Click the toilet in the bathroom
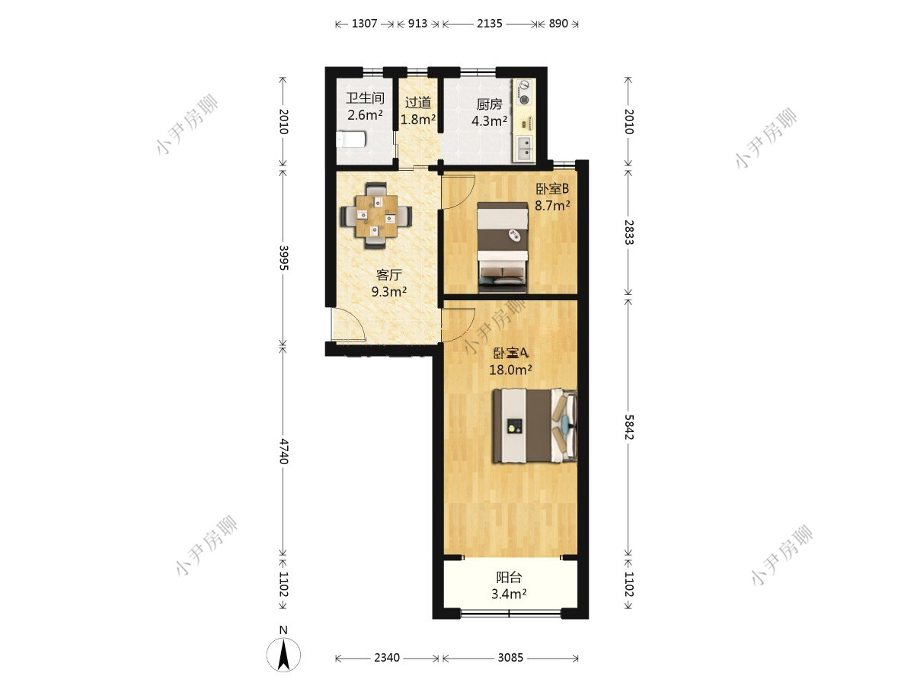pyautogui.click(x=350, y=139)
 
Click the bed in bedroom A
pyautogui.click(x=535, y=425)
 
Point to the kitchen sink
pyautogui.click(x=525, y=149)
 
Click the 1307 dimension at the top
pyautogui.click(x=364, y=24)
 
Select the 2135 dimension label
pyautogui.click(x=489, y=24)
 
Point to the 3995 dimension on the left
pyautogui.click(x=283, y=258)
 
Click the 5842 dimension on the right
pyautogui.click(x=628, y=427)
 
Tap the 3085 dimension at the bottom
pyautogui.click(x=510, y=658)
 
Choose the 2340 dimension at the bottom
pyautogui.click(x=387, y=658)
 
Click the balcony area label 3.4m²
pyautogui.click(x=509, y=594)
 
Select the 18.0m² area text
pyautogui.click(x=510, y=370)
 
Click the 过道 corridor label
pyautogui.click(x=417, y=102)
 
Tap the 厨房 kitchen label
pyautogui.click(x=489, y=104)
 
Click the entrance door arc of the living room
pyautogui.click(x=348, y=325)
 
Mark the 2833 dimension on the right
pyautogui.click(x=628, y=232)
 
